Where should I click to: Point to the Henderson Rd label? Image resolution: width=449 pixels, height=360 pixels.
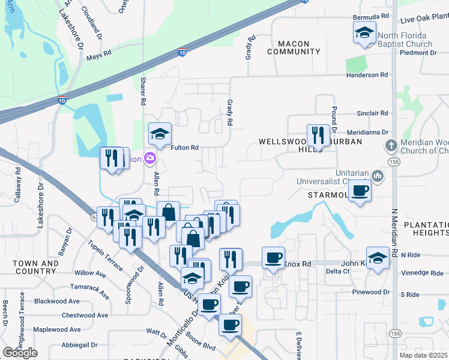(x=367, y=75)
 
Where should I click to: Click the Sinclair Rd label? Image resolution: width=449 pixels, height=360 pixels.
(x=372, y=113)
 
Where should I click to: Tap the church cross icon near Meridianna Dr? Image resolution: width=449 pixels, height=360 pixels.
(x=391, y=145)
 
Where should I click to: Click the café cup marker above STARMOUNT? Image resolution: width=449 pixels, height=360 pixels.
(x=360, y=191)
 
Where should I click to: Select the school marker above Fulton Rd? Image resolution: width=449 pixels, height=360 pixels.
(x=160, y=134)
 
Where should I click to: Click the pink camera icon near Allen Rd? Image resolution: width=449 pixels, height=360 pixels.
(x=150, y=159)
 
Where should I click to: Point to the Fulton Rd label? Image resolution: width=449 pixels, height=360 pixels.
(x=184, y=147)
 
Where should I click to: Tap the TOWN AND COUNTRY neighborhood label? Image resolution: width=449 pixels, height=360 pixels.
(x=36, y=267)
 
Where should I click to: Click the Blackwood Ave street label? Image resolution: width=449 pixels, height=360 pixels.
(x=57, y=301)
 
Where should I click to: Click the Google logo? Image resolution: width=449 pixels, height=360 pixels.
(x=20, y=352)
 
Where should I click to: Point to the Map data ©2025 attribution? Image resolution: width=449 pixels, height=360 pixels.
(x=424, y=355)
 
